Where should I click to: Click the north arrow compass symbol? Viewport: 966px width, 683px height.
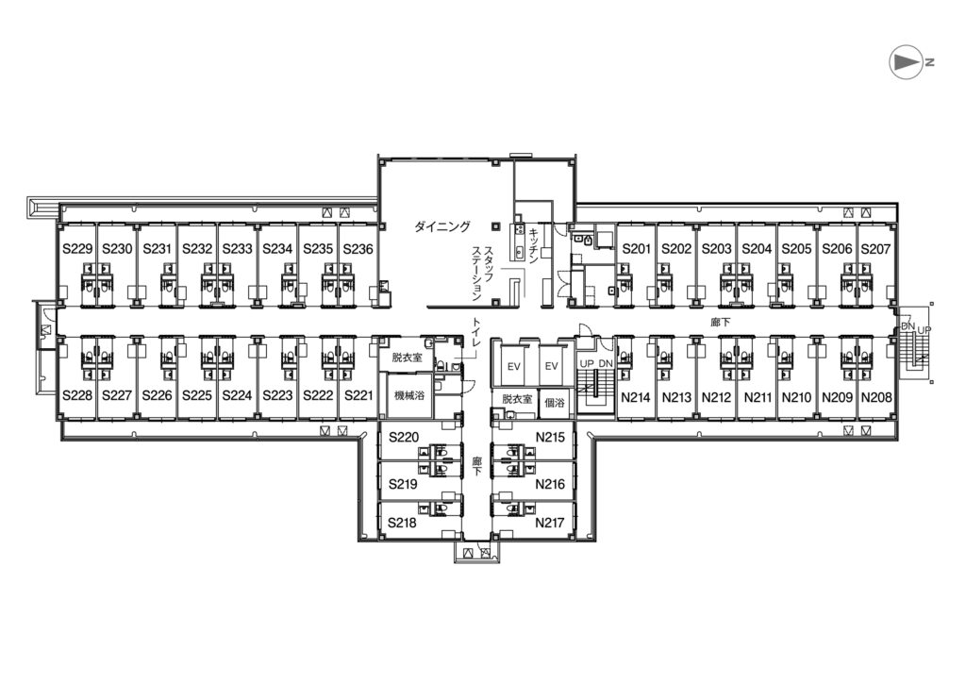[907, 61]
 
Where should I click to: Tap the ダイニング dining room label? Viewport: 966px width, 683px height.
[442, 226]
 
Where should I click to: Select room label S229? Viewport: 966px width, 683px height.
[77, 249]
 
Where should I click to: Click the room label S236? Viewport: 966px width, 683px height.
[358, 249]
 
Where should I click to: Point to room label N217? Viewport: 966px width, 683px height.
[550, 523]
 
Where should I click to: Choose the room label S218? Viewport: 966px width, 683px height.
[402, 523]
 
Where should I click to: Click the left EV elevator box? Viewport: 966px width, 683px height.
[514, 366]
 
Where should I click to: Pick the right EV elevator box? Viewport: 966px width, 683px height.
[551, 366]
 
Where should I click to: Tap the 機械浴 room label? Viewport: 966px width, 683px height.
[409, 396]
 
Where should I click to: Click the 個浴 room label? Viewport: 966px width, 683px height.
[554, 403]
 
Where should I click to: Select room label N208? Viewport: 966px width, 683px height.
[876, 397]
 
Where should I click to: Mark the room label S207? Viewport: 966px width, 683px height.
[875, 249]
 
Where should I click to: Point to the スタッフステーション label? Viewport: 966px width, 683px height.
[482, 274]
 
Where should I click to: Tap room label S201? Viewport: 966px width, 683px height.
[637, 249]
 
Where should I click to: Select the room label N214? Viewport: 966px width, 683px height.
[635, 397]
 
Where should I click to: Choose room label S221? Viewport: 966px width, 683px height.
[358, 395]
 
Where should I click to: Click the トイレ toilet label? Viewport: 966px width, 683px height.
[476, 337]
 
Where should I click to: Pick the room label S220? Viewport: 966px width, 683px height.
[404, 438]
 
